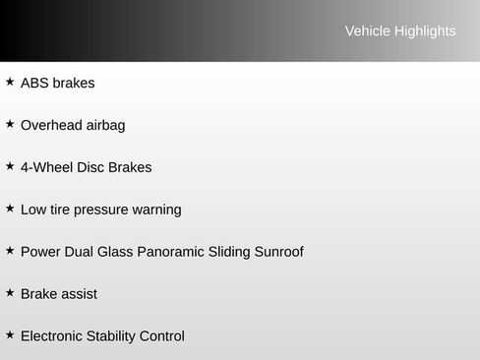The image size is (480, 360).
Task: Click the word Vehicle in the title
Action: click(x=367, y=31)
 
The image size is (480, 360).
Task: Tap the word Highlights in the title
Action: click(x=425, y=31)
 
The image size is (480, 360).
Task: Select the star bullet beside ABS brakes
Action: click(x=10, y=82)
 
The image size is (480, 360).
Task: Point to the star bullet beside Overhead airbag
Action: click(x=10, y=124)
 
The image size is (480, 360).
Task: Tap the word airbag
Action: click(x=105, y=126)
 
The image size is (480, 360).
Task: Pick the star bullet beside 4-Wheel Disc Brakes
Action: click(x=10, y=166)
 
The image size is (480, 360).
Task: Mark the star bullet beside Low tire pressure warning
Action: click(x=10, y=209)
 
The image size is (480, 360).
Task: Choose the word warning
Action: click(x=157, y=210)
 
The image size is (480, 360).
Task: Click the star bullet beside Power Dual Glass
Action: click(x=10, y=251)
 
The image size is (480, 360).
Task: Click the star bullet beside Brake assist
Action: click(x=10, y=293)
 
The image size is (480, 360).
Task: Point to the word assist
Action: click(x=79, y=295)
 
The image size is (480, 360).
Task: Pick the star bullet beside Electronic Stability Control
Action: click(x=10, y=335)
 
